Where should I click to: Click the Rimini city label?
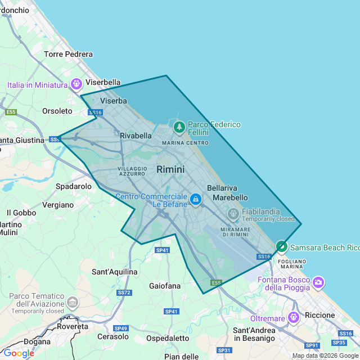(170, 169)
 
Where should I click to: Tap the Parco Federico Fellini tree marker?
(179, 127)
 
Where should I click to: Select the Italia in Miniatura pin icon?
(78, 85)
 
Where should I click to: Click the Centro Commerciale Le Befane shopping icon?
(195, 199)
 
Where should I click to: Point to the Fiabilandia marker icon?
(233, 214)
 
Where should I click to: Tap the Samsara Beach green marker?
(281, 247)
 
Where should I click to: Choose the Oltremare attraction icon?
(292, 318)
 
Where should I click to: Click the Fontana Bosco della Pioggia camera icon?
(318, 282)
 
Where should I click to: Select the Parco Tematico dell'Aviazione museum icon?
(73, 303)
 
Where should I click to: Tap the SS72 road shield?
(124, 292)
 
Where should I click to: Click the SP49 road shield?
(120, 328)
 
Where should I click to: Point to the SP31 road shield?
(224, 350)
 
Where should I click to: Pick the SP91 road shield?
(312, 345)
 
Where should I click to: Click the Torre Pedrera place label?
(68, 55)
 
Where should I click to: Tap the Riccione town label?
(319, 315)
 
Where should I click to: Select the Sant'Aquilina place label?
(115, 272)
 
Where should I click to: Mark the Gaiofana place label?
(165, 286)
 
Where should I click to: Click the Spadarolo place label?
(74, 186)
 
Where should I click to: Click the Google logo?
(18, 353)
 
